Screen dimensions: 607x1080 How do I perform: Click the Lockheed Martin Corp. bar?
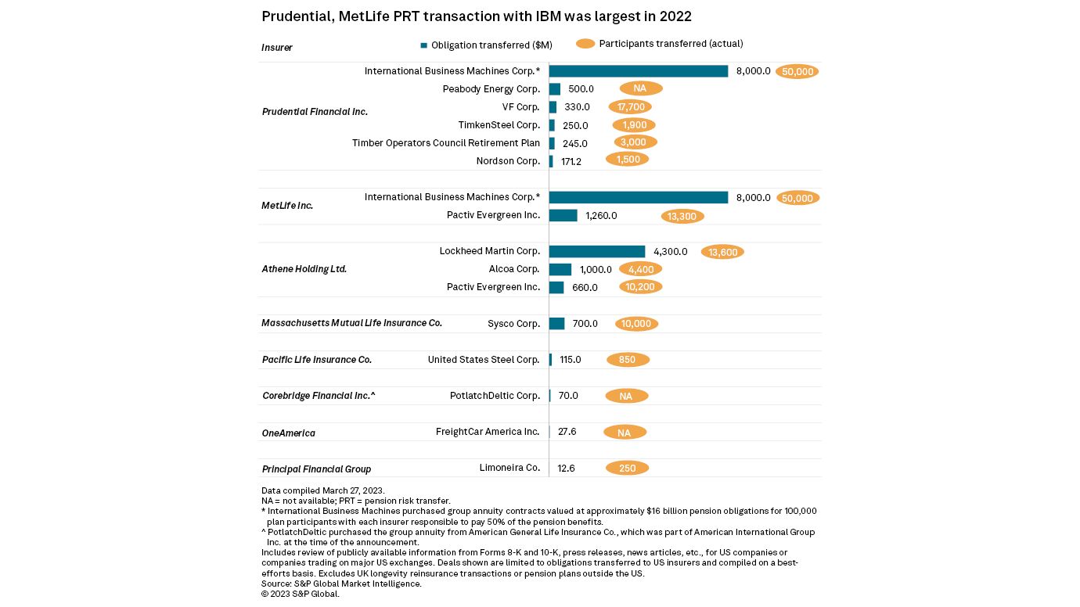click(596, 251)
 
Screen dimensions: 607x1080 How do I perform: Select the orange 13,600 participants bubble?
click(722, 252)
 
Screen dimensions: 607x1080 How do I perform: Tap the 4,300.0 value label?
click(670, 252)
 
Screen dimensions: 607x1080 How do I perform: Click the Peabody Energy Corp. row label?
click(491, 89)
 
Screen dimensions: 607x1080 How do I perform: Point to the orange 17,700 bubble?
click(630, 107)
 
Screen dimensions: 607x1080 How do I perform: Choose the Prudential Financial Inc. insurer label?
click(315, 112)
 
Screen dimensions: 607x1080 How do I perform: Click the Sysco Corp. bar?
click(556, 323)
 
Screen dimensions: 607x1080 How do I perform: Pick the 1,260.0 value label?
click(601, 216)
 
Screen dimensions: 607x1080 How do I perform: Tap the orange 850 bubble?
click(628, 360)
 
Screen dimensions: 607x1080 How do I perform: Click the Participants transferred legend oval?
click(585, 45)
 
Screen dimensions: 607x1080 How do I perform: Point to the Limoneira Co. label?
click(509, 468)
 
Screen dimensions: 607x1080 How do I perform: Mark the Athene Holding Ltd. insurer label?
click(304, 269)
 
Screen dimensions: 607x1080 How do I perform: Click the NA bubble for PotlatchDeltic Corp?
click(626, 396)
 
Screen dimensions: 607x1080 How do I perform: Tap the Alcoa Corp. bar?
click(560, 269)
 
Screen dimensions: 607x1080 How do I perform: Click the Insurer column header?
click(277, 48)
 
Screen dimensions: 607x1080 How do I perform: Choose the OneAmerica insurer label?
click(288, 433)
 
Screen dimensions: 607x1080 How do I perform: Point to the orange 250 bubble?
click(627, 468)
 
